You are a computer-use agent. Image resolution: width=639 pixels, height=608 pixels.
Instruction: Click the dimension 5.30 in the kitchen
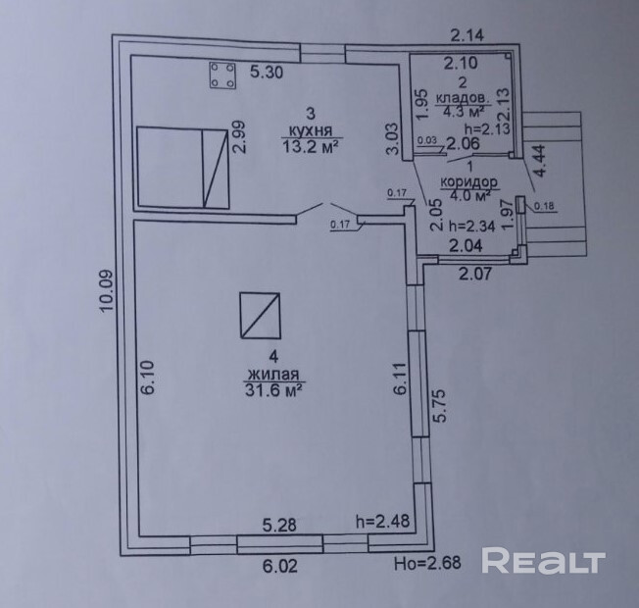pos(268,71)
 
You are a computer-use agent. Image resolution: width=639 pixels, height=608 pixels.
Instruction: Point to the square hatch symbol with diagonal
pos(261,316)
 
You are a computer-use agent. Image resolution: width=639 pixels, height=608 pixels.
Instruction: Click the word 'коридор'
pos(470,182)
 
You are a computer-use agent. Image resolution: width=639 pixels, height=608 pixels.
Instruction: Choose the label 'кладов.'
pos(462,98)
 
